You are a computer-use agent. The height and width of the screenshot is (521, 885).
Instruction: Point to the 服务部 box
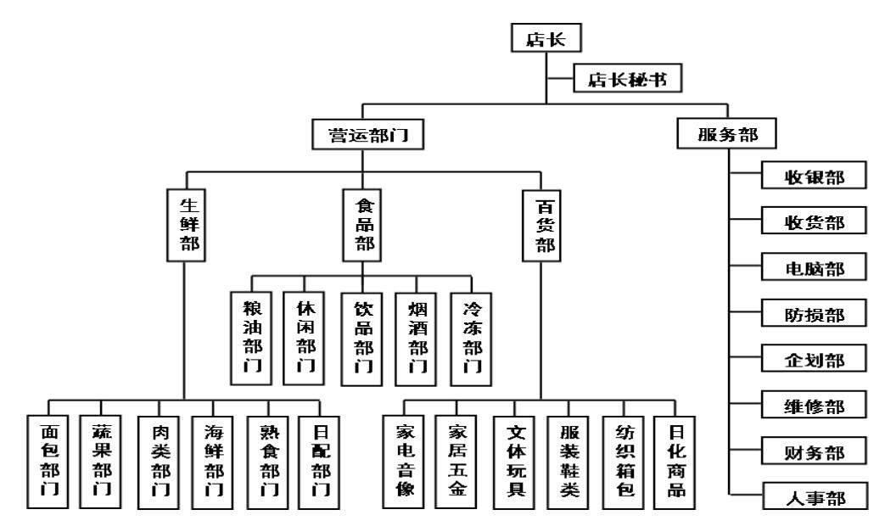click(x=726, y=136)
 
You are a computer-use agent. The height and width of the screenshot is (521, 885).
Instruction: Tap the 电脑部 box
click(x=813, y=267)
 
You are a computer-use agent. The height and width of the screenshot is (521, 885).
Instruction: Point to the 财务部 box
click(x=813, y=450)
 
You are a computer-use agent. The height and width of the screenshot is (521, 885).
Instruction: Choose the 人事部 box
click(x=813, y=495)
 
